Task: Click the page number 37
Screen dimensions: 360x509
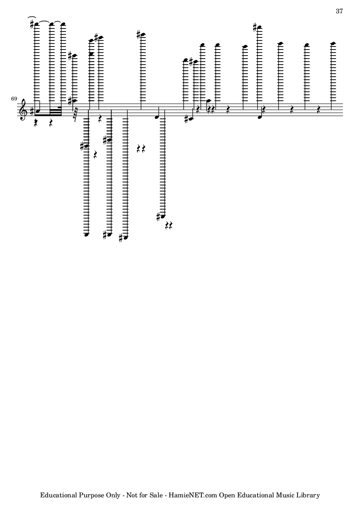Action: tap(339, 11)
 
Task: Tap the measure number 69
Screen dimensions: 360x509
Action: tap(14, 98)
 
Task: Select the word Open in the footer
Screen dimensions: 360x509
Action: tap(227, 496)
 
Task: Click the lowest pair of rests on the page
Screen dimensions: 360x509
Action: tap(169, 225)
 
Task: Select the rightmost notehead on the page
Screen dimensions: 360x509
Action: tap(333, 43)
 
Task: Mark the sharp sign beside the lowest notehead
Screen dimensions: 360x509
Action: tap(120, 238)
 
